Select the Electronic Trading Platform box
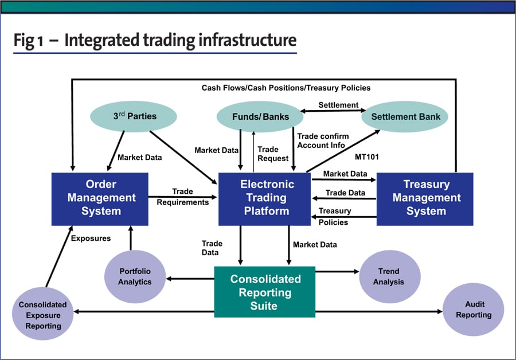pos(264,198)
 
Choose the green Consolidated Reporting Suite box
pos(265,292)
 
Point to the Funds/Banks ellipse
pos(260,117)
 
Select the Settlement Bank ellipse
pos(405,117)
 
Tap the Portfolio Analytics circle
pos(135,276)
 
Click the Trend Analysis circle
pos(389,276)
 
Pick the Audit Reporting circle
pos(474,310)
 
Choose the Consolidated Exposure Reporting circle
pos(43,315)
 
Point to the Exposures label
pos(91,237)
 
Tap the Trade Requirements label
pos(182,197)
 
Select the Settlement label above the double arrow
pos(338,105)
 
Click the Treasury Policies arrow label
pos(334,216)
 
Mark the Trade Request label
pos(272,154)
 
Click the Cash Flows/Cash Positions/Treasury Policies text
pos(286,88)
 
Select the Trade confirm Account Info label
pos(322,140)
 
